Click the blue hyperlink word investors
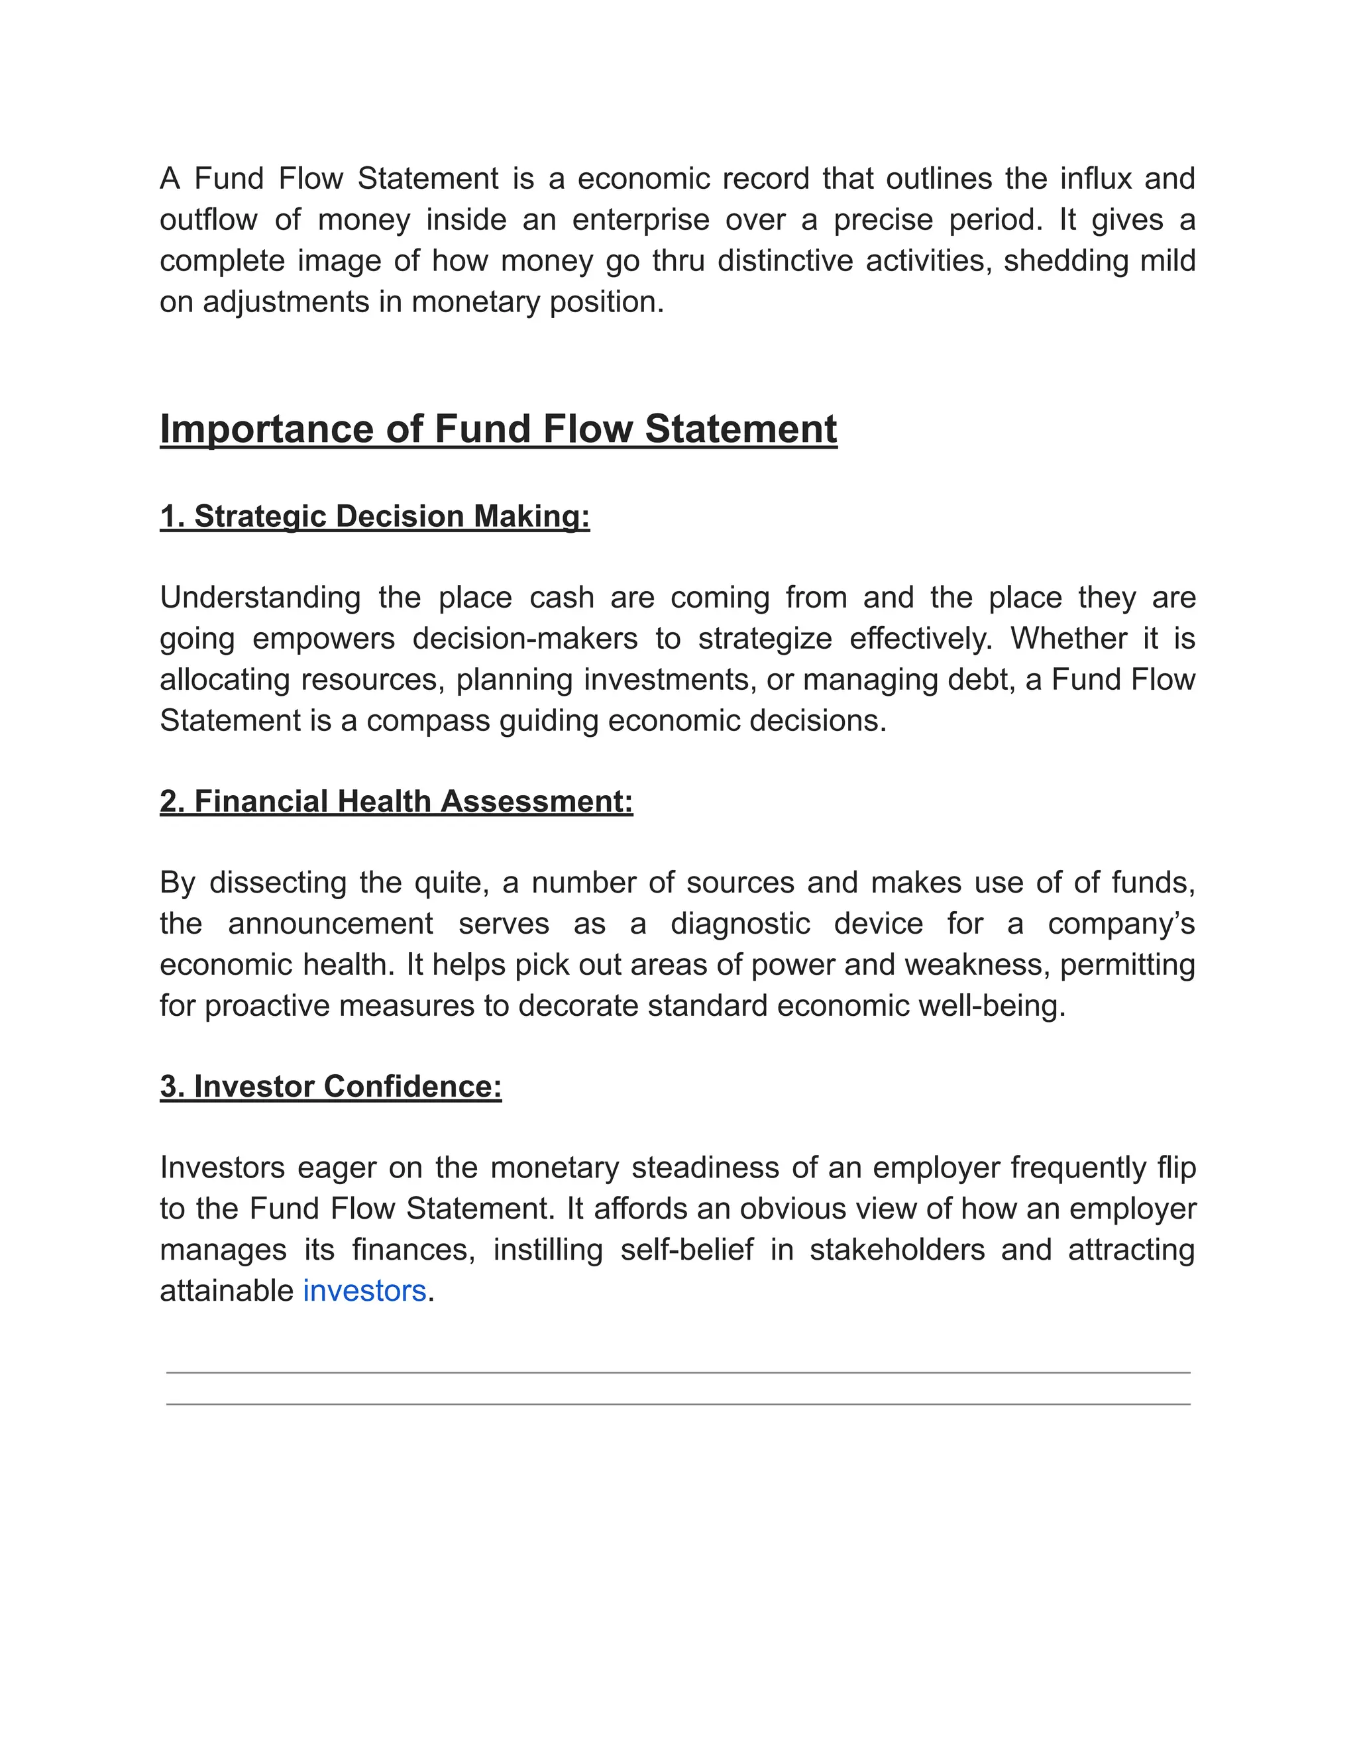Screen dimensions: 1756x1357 [364, 1291]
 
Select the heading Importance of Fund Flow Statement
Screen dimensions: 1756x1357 [498, 429]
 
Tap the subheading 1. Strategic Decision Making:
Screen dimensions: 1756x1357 [374, 516]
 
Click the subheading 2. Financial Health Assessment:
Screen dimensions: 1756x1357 [396, 802]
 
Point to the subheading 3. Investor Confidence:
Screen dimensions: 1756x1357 [331, 1086]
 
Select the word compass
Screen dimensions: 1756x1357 [427, 720]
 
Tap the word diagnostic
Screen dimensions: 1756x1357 [740, 923]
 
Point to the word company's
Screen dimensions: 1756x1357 [1122, 923]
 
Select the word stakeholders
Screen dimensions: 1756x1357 [897, 1250]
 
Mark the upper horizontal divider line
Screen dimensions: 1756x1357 [678, 1373]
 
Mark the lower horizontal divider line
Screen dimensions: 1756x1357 [678, 1405]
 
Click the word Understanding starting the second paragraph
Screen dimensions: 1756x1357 [260, 598]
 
